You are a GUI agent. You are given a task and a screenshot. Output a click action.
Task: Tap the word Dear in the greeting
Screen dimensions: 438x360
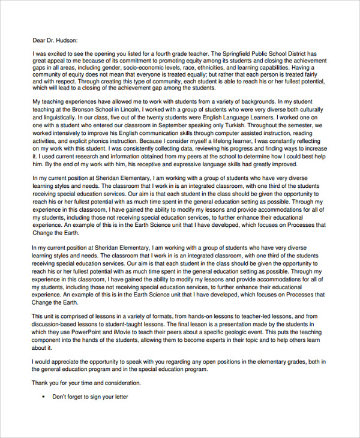39,41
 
